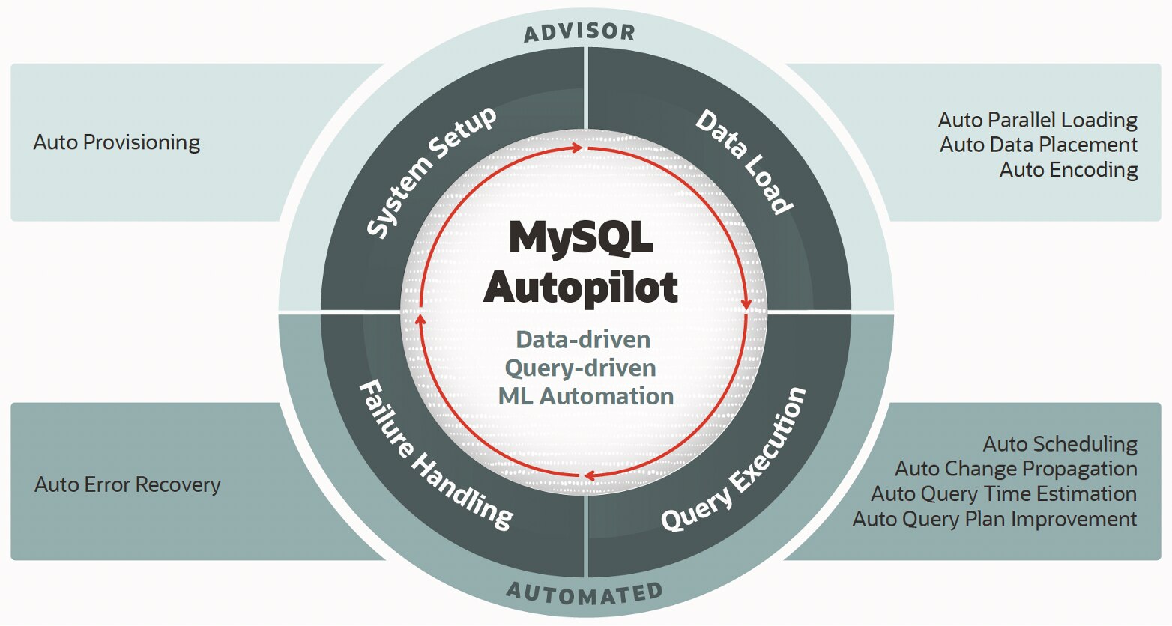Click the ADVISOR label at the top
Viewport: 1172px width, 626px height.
580,32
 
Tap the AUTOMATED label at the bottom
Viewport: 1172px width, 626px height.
585,594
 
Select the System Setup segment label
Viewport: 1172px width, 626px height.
431,171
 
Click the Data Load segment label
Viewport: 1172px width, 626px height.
744,162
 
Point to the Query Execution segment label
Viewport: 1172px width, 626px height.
734,459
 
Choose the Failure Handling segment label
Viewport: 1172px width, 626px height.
436,455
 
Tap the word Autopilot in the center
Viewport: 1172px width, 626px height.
580,287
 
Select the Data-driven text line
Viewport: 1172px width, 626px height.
583,340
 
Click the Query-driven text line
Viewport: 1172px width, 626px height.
580,368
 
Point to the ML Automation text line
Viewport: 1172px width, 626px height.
586,396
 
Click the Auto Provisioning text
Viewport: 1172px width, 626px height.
117,143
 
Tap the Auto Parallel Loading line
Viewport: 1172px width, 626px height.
1038,120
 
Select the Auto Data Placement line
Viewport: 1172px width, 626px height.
1039,145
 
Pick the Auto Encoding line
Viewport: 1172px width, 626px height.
1069,170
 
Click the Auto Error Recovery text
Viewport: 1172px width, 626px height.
127,484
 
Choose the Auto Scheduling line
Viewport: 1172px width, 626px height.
1060,444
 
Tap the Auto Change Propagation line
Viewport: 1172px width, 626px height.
1016,469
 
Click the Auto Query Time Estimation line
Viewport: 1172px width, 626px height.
1004,494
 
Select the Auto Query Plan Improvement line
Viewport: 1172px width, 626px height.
994,520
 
